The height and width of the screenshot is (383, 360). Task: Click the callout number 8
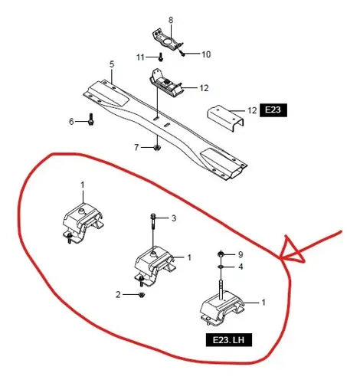tap(171, 20)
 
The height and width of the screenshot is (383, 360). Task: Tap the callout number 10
tap(206, 54)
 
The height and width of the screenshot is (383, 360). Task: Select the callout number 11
tap(140, 57)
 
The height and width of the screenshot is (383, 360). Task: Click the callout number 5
tap(112, 64)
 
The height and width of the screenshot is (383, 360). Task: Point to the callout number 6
tap(71, 122)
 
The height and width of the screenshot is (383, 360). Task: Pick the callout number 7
tap(136, 147)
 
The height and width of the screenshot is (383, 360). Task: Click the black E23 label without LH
tap(273, 110)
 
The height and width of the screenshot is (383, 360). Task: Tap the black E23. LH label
tap(229, 340)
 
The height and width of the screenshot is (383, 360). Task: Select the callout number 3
tap(174, 218)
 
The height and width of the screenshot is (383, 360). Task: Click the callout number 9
tap(241, 254)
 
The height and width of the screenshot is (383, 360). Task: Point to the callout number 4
tap(241, 267)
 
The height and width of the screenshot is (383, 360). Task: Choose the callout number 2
tap(118, 295)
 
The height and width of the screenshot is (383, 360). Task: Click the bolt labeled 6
tap(91, 119)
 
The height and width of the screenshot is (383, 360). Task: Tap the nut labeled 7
tap(156, 148)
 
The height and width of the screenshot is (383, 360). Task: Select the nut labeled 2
tap(142, 295)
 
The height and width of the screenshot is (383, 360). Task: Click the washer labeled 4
tap(221, 267)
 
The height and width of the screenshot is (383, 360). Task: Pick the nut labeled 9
tap(221, 254)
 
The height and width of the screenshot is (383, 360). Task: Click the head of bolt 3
tap(152, 217)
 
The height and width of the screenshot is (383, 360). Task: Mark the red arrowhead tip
tap(280, 260)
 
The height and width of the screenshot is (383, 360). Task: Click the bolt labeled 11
tap(161, 57)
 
